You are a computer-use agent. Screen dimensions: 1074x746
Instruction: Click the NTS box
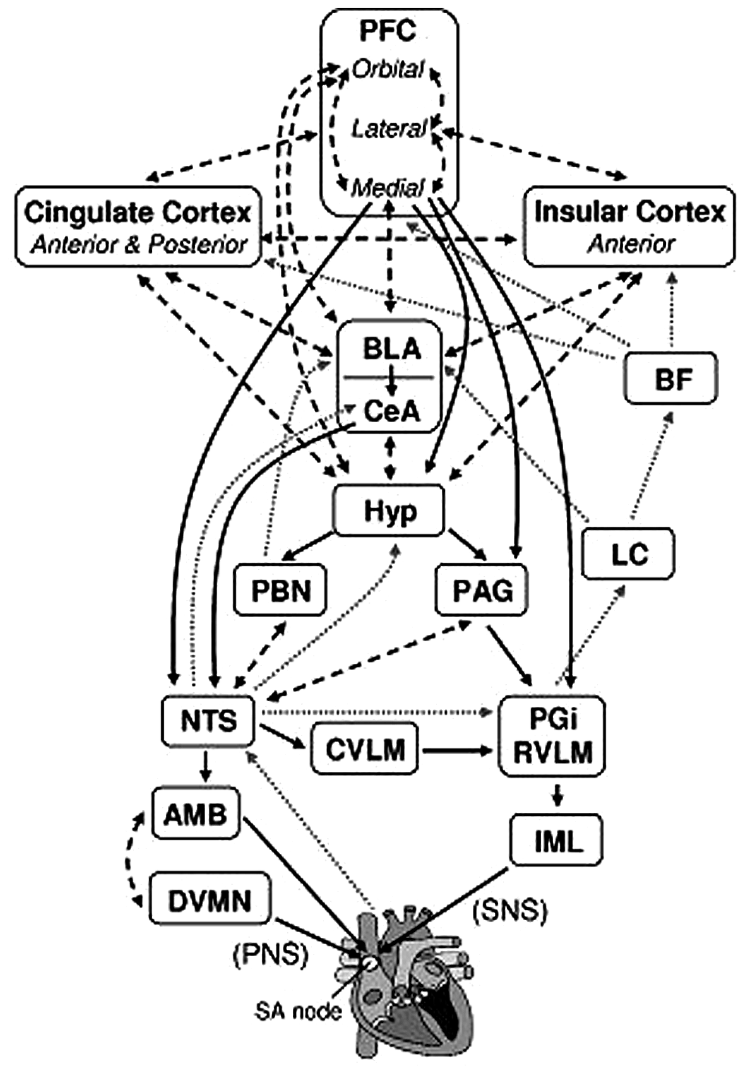(x=209, y=721)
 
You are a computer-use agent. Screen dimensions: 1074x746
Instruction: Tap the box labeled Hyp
(x=389, y=511)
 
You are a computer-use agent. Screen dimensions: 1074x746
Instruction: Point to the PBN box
(x=280, y=591)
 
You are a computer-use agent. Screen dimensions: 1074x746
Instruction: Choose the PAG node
(x=482, y=591)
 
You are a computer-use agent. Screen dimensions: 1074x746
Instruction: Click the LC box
(x=629, y=554)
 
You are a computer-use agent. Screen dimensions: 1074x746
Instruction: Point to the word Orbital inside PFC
(x=388, y=70)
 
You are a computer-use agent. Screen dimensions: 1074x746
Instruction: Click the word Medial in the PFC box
(x=388, y=189)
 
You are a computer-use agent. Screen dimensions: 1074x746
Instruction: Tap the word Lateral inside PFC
(x=388, y=128)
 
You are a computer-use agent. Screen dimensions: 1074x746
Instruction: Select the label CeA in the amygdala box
(x=391, y=412)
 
